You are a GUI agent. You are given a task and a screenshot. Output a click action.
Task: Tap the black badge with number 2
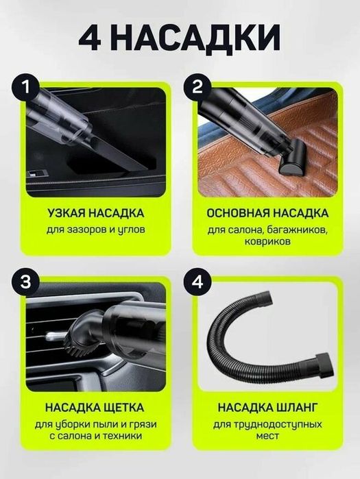pos(198,87)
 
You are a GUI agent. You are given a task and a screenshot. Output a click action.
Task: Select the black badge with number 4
pos(198,282)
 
